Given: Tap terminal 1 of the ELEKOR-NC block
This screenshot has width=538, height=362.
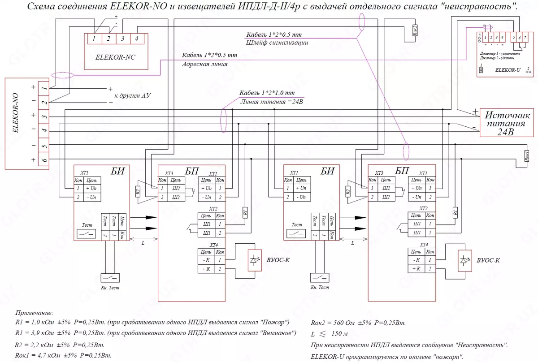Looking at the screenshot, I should [x=94, y=39].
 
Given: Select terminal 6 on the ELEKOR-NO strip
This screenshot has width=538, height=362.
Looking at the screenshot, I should [x=43, y=160].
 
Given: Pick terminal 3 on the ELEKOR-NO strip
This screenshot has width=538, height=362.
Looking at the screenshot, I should [x=43, y=116].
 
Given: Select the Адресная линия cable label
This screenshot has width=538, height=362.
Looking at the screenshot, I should [x=204, y=64].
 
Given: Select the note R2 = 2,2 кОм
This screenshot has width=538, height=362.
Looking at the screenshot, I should [x=60, y=345].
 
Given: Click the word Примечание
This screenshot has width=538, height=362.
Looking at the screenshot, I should [x=34, y=312].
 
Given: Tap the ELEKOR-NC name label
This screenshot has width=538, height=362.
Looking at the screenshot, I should [x=115, y=58].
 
